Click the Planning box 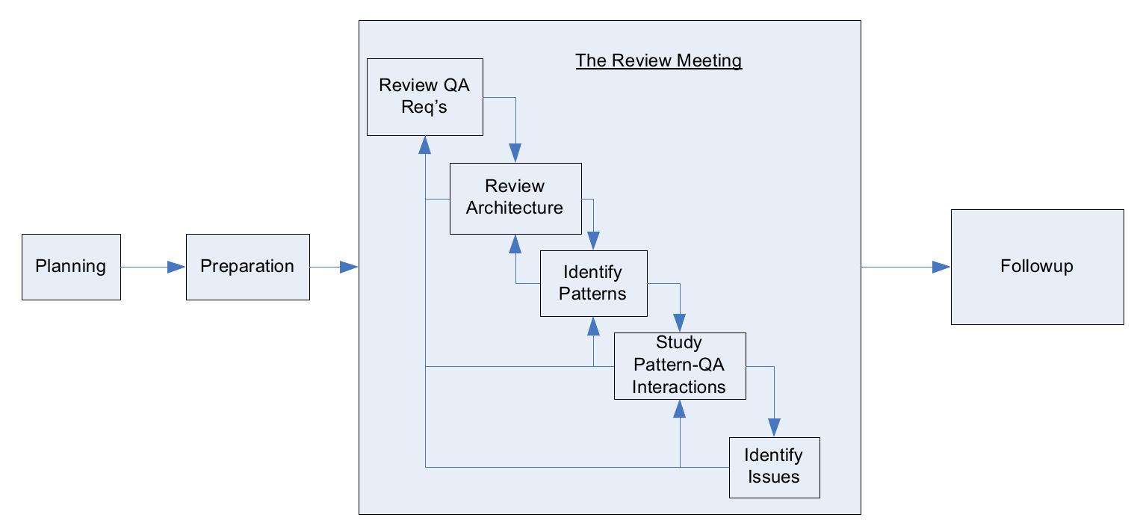[x=71, y=267]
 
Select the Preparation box [x=247, y=267]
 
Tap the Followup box [x=1036, y=267]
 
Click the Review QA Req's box [x=424, y=96]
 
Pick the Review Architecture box [x=515, y=198]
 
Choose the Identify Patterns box [x=593, y=283]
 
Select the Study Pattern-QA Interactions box [x=679, y=365]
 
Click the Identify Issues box [x=774, y=467]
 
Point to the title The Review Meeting [x=658, y=61]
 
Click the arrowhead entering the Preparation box [x=177, y=267]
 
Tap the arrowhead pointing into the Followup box [x=941, y=267]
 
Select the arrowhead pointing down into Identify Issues [x=774, y=428]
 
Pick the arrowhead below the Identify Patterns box [x=593, y=325]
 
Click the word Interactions [x=678, y=387]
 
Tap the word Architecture [x=515, y=208]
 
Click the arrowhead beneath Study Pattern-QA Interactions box [x=680, y=408]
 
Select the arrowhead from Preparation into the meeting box [x=350, y=267]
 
